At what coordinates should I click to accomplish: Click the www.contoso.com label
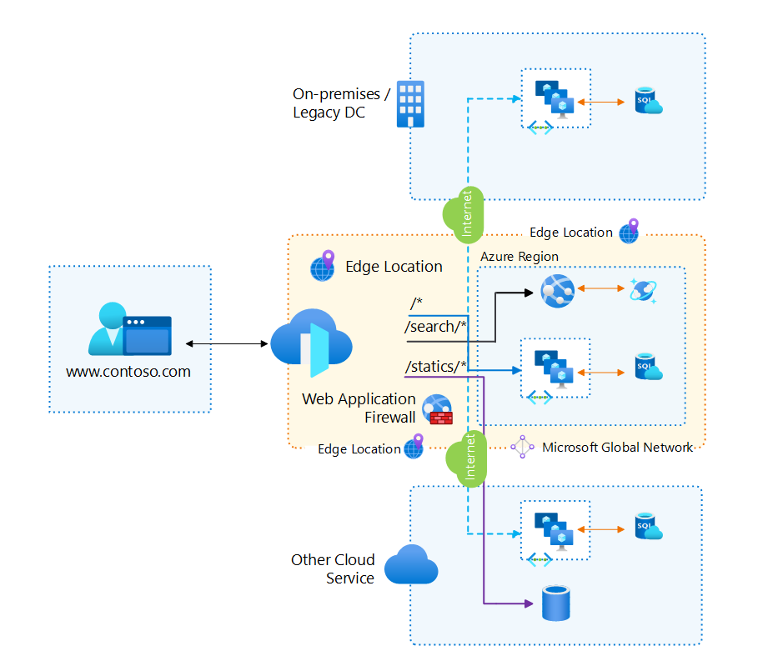[128, 372]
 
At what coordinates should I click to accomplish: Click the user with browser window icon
[129, 330]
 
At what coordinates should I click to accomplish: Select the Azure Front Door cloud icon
[311, 343]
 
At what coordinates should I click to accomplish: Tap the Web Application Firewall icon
[437, 408]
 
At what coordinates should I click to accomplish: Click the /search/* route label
[435, 327]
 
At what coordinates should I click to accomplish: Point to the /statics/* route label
[435, 366]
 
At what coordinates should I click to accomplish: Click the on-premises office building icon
[409, 103]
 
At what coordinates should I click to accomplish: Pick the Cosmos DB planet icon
[645, 290]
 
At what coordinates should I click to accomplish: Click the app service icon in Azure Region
[557, 291]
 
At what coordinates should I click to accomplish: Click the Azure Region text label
[519, 257]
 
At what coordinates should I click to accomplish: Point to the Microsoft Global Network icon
[523, 447]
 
